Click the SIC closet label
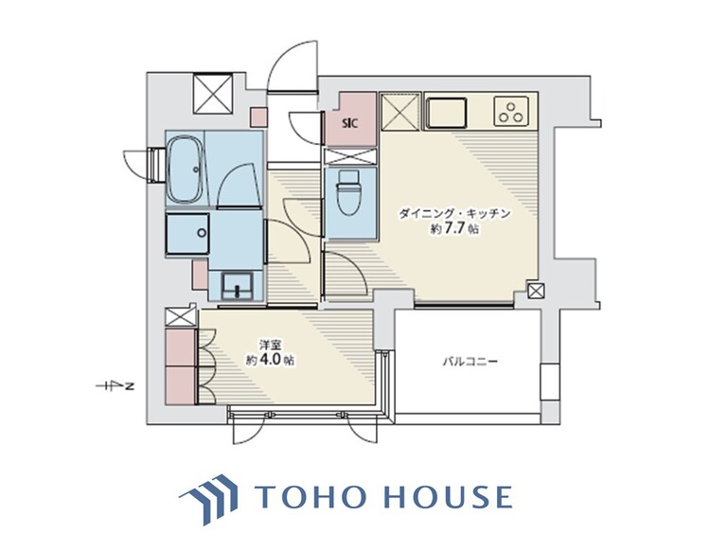pos(350,123)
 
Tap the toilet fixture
pos(348,193)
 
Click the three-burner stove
pos(511,111)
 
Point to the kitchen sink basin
pos(447,113)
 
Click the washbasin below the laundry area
pos(237,285)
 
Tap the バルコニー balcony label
pos(470,362)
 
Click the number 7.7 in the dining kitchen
pos(454,229)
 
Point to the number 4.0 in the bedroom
pos(273,360)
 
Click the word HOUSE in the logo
pos(449,496)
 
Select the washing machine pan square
pos(187,234)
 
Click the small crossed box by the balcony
pos(535,291)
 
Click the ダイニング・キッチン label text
pos(454,213)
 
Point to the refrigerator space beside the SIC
pos(400,112)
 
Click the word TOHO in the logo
pos(311,496)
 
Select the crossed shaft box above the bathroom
pos(212,94)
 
